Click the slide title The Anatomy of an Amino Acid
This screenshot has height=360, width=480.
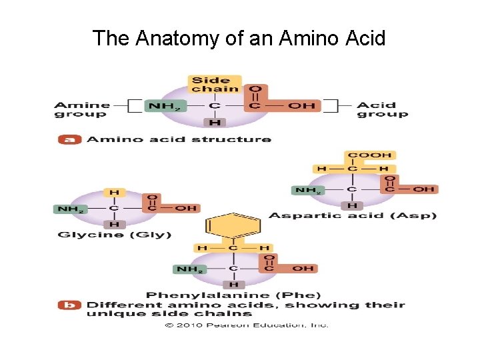point(239,38)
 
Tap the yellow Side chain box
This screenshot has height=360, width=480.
point(215,85)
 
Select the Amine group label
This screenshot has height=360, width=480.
point(81,109)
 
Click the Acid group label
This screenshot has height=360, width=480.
point(382,109)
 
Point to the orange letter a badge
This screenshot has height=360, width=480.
point(70,139)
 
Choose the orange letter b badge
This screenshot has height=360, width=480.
point(70,305)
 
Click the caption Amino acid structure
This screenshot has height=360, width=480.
point(179,139)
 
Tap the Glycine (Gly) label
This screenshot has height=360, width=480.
point(115,234)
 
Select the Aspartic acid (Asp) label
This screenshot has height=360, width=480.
point(352,215)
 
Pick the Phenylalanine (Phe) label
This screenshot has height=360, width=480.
point(233,295)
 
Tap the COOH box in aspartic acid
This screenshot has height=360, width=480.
point(370,155)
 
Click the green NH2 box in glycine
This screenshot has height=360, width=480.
point(69,209)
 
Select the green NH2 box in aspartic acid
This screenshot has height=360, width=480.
point(308,190)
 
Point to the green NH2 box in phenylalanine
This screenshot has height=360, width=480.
point(189,269)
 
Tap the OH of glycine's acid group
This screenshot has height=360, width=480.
point(186,208)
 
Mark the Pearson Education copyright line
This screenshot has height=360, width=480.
point(247,325)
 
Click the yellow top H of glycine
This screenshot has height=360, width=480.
point(114,193)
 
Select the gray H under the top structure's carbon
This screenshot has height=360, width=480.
point(215,123)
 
